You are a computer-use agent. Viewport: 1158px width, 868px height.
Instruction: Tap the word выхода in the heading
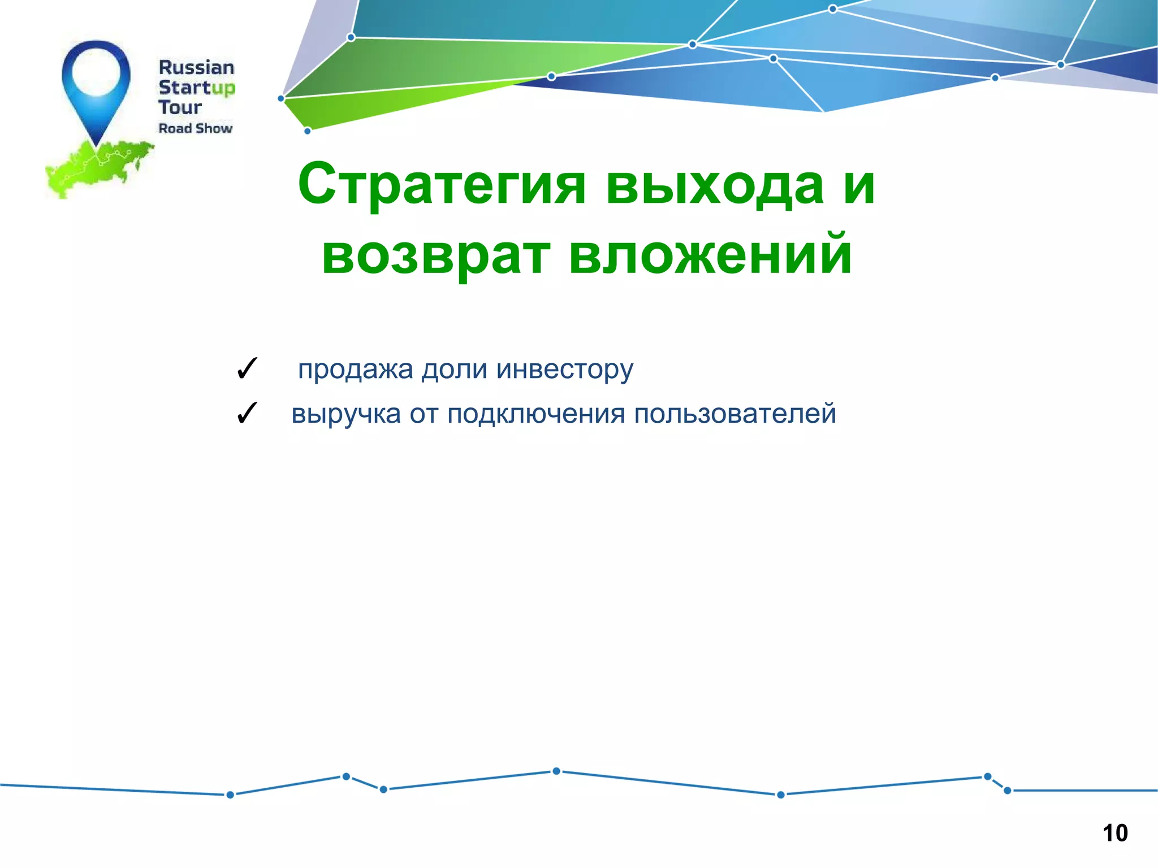click(715, 185)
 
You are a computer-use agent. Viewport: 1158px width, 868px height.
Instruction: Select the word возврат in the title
click(435, 255)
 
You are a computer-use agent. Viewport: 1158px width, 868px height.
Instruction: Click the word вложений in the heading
click(710, 255)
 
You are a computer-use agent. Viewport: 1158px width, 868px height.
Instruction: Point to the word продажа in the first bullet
click(356, 370)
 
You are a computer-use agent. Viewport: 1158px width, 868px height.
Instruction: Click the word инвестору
click(565, 370)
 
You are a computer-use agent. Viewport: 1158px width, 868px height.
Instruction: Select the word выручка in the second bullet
click(346, 414)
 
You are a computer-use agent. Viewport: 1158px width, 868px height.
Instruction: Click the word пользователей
click(734, 414)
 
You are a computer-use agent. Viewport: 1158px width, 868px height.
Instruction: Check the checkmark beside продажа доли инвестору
click(247, 369)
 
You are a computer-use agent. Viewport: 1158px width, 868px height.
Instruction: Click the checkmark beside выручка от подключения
click(247, 413)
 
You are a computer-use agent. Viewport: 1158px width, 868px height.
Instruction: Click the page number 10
click(1114, 833)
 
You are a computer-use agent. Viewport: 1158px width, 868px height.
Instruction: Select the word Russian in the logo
click(196, 68)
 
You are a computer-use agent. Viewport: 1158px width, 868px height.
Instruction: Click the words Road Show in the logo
click(195, 128)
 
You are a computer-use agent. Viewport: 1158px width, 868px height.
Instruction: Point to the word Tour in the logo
click(179, 107)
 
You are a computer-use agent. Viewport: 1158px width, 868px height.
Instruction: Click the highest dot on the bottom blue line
click(556, 771)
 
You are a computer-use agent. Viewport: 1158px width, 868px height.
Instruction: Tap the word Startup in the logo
click(196, 88)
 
